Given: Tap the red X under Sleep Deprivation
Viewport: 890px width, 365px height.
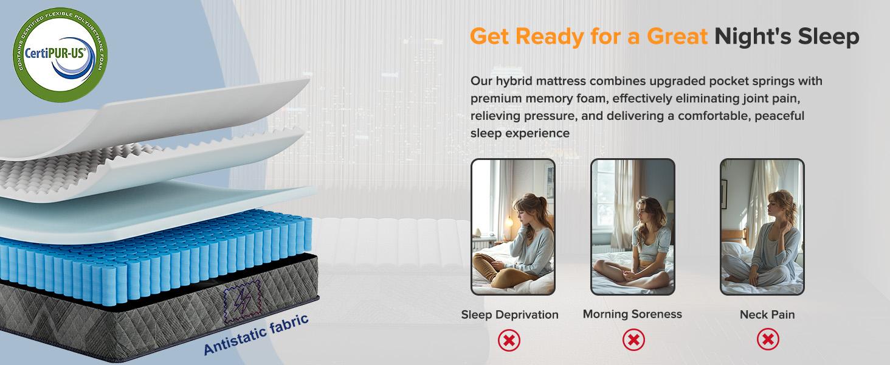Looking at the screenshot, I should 509,339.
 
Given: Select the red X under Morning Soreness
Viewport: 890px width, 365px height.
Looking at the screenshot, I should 633,339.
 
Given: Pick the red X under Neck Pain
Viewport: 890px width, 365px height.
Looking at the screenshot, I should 768,339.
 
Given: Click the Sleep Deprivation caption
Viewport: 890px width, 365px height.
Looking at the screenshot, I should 509,315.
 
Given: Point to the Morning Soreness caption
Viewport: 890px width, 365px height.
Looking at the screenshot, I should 632,314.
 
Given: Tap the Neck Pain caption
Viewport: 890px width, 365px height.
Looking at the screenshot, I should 767,315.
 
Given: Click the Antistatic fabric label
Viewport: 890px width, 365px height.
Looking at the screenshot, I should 256,334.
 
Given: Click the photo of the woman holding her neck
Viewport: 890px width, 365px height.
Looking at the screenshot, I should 762,227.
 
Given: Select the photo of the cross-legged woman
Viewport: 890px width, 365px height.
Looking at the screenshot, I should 633,227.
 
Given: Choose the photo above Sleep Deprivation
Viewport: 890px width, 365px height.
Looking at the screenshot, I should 512,227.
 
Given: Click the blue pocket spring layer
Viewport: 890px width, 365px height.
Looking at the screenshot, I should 152,255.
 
